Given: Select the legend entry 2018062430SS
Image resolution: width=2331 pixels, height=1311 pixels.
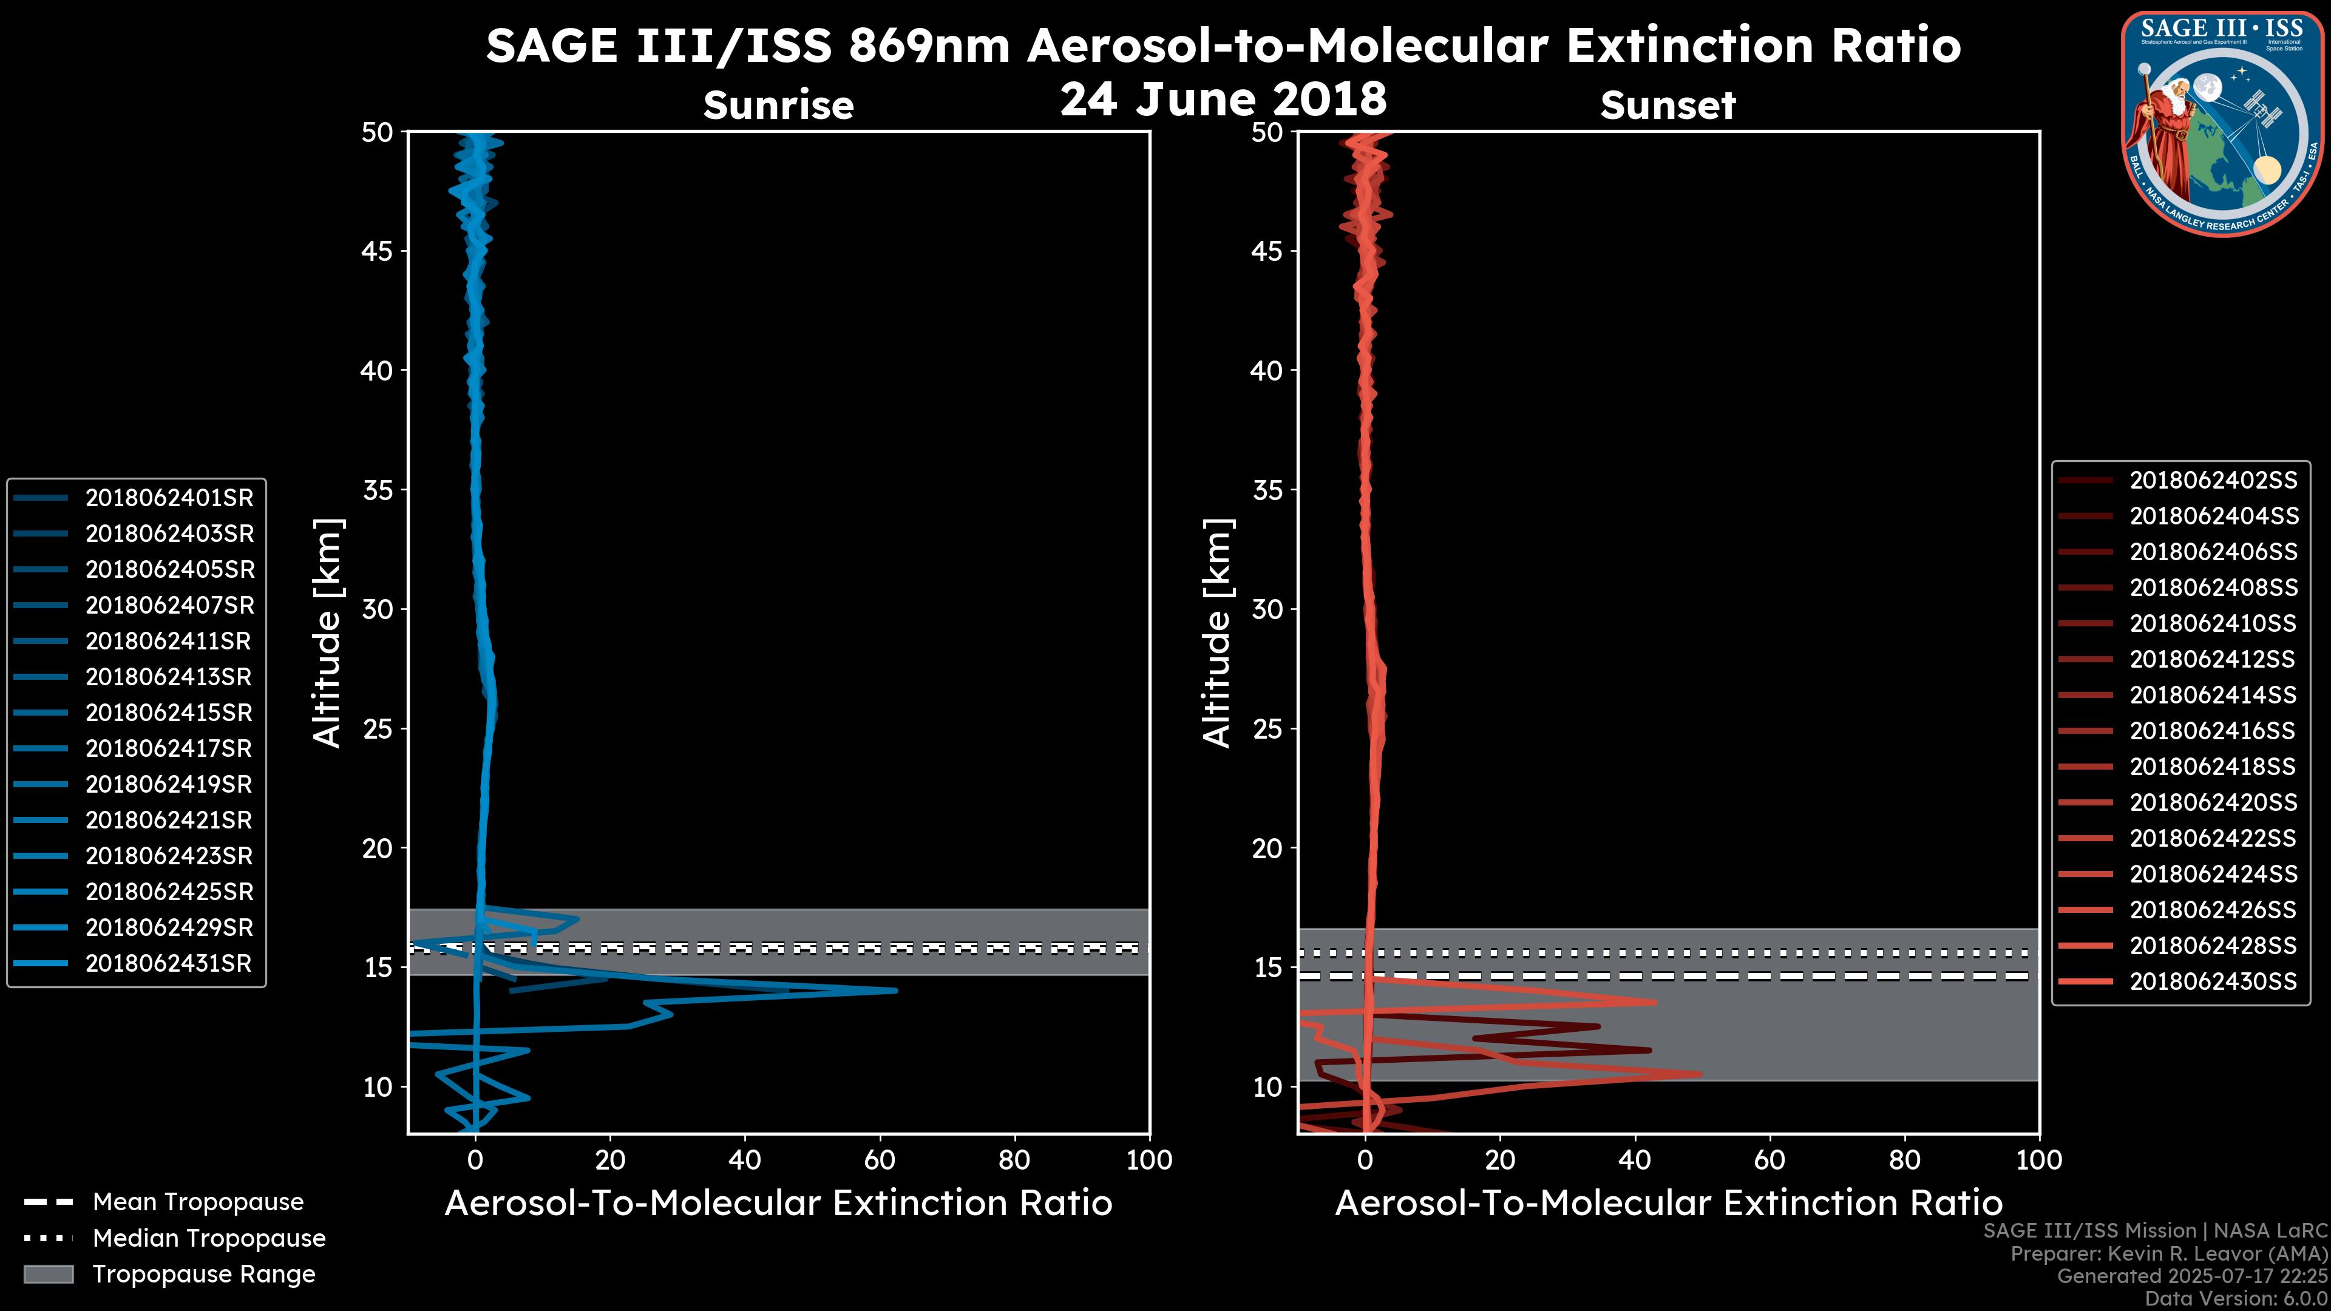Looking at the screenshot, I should tap(2213, 981).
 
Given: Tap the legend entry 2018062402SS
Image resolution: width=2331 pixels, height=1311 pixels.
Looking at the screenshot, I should tap(2213, 481).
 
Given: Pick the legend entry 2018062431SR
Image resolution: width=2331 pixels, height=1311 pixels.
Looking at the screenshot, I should tap(168, 964).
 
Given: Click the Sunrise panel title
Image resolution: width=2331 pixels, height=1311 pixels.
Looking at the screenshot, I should tap(778, 106).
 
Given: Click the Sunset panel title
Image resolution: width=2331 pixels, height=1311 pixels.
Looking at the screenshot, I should tap(1668, 106).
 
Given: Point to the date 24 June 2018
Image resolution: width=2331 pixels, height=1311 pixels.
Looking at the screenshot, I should tap(1223, 100).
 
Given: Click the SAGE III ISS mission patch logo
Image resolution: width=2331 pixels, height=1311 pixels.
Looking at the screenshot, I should tap(2222, 124).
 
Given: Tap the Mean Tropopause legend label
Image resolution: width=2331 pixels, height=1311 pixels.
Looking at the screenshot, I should tap(198, 1202).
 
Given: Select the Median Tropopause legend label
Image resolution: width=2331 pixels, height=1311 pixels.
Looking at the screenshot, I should tap(209, 1239).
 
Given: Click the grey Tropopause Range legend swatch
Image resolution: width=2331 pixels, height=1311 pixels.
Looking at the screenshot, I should tap(48, 1275).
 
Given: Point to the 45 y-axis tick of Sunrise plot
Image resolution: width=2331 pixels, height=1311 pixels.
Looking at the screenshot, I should tap(378, 251).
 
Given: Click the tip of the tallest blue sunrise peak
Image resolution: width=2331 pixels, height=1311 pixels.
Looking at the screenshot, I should tap(896, 991).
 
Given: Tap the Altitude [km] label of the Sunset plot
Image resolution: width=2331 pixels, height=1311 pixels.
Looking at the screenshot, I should tap(1217, 633).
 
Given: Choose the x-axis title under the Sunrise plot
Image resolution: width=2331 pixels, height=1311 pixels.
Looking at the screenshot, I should tap(778, 1204).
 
